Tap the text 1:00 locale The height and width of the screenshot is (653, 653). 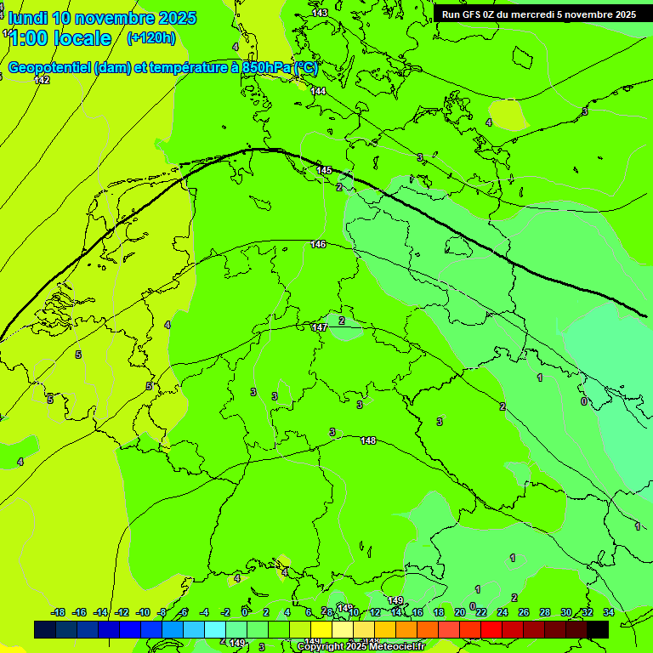pyautogui.click(x=60, y=38)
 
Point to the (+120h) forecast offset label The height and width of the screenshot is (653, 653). pyautogui.click(x=150, y=37)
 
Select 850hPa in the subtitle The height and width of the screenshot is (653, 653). pyautogui.click(x=267, y=67)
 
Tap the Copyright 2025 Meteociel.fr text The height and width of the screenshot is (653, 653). pyautogui.click(x=361, y=647)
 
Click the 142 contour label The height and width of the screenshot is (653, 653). pyautogui.click(x=42, y=80)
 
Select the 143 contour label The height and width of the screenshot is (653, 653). pyautogui.click(x=320, y=13)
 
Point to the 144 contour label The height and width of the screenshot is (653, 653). pyautogui.click(x=318, y=91)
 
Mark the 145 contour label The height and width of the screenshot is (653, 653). pyautogui.click(x=324, y=171)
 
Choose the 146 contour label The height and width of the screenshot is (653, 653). pyautogui.click(x=318, y=244)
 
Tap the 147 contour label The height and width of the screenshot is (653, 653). pyautogui.click(x=320, y=327)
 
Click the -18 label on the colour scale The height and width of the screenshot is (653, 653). pyautogui.click(x=58, y=612)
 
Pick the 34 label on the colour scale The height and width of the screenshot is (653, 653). pyautogui.click(x=609, y=612)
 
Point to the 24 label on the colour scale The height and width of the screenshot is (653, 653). pyautogui.click(x=503, y=612)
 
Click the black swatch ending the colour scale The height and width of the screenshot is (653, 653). pyautogui.click(x=598, y=629)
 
